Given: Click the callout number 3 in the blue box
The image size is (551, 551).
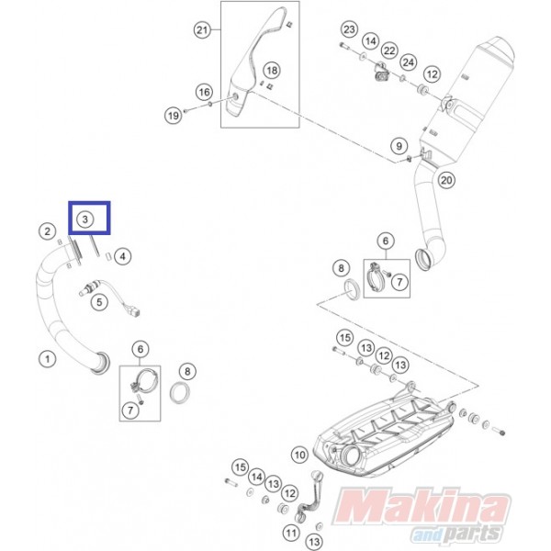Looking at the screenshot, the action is tap(84, 219).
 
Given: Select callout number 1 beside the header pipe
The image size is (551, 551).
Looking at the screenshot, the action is tap(47, 359).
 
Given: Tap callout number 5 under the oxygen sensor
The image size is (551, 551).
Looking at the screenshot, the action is tap(99, 302).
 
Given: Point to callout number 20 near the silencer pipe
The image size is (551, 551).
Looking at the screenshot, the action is tap(446, 180).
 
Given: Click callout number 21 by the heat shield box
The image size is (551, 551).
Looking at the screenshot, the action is tap(202, 30).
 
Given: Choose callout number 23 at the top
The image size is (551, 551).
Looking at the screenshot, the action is tap(349, 29).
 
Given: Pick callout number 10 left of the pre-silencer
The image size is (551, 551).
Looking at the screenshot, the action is tap(299, 455).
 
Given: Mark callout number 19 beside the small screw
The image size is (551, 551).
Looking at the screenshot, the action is tap(174, 116).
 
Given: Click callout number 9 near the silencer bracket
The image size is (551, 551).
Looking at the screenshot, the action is tap(399, 145).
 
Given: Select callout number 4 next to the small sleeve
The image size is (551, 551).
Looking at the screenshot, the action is tap(122, 256).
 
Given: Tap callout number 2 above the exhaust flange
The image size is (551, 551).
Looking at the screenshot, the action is tap(48, 231).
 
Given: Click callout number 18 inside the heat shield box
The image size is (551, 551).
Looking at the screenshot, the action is tap(272, 71).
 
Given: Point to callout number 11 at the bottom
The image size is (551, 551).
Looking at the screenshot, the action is tap(290, 534).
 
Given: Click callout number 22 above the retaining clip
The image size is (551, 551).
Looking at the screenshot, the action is tap(389, 51).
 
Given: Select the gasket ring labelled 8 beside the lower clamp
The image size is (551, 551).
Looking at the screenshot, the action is tap(180, 392).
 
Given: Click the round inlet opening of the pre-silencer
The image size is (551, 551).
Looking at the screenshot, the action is tap(350, 458).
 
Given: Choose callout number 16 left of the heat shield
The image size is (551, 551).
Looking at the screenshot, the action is tap(204, 93).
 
